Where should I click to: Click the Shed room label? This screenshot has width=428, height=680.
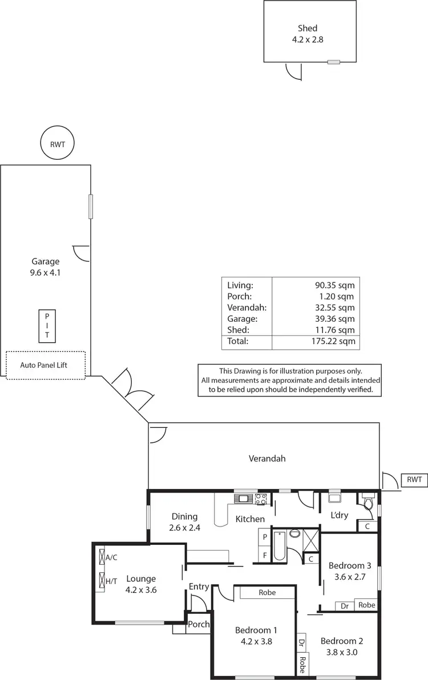[x=308, y=28]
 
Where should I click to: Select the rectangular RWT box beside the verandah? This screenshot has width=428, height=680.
[x=414, y=480]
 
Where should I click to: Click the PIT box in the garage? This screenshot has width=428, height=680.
[x=47, y=326]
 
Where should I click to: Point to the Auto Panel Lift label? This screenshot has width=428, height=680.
[x=43, y=365]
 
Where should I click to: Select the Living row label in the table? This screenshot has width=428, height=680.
[x=240, y=285]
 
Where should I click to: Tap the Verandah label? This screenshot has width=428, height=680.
[x=267, y=458]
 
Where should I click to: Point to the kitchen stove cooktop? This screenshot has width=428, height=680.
[x=261, y=499]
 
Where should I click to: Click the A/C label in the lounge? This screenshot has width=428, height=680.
[x=111, y=557]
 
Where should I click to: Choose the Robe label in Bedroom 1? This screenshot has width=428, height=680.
[x=267, y=593]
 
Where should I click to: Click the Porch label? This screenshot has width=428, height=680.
[x=199, y=624]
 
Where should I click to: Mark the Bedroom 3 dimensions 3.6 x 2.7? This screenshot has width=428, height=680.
[x=350, y=576]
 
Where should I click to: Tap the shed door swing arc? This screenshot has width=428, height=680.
[x=293, y=72]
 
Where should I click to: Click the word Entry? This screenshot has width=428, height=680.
[x=199, y=586]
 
